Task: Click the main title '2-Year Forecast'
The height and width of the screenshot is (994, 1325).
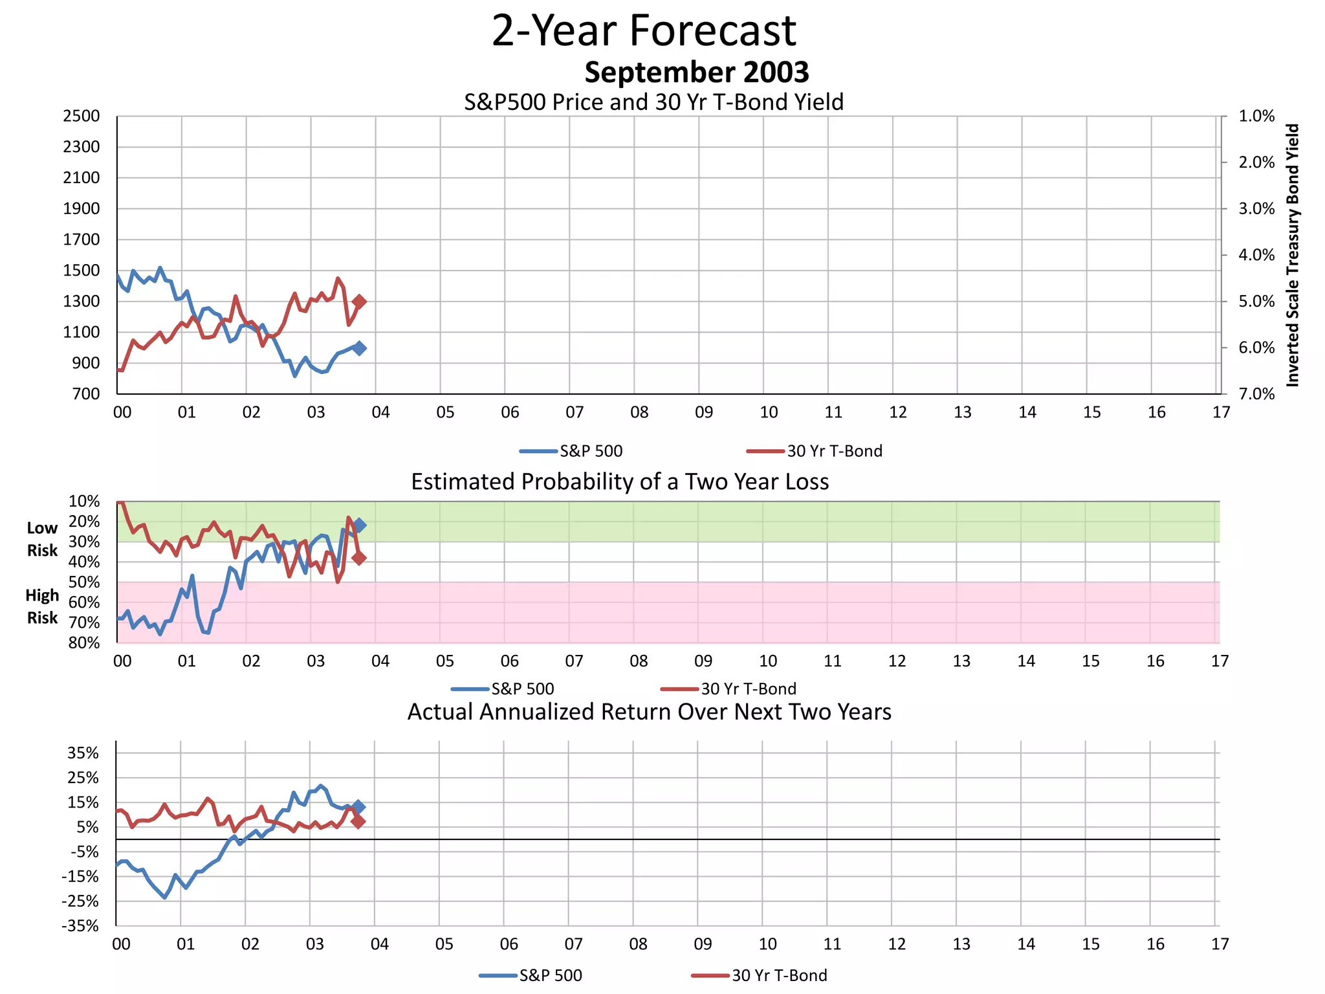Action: pyautogui.click(x=644, y=30)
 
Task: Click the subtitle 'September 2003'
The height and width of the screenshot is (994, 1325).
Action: pyautogui.click(x=696, y=72)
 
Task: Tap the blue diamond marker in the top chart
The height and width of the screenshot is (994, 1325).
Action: pyautogui.click(x=360, y=348)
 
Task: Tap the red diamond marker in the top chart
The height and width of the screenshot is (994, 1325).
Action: pyautogui.click(x=360, y=302)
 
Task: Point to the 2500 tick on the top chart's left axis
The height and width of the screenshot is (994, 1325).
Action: pyautogui.click(x=82, y=116)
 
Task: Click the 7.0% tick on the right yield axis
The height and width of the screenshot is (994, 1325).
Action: pyautogui.click(x=1256, y=394)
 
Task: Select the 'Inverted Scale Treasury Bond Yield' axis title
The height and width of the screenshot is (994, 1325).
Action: pyautogui.click(x=1293, y=256)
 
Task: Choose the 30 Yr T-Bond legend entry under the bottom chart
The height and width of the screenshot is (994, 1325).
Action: pyautogui.click(x=760, y=975)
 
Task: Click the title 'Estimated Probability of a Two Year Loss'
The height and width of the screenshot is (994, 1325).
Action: pyautogui.click(x=620, y=482)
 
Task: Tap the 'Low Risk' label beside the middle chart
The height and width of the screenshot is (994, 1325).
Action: pyautogui.click(x=42, y=539)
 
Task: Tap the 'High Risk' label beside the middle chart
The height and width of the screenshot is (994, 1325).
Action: pyautogui.click(x=42, y=606)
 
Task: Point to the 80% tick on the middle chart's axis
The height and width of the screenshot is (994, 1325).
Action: pyautogui.click(x=84, y=643)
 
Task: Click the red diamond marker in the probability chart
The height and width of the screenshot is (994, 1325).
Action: pyautogui.click(x=359, y=558)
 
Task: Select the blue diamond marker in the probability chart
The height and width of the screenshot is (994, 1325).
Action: pyautogui.click(x=359, y=525)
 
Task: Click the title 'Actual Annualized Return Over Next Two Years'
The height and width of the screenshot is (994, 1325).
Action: pyautogui.click(x=649, y=712)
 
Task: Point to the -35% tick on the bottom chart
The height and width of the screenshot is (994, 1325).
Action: pyautogui.click(x=80, y=926)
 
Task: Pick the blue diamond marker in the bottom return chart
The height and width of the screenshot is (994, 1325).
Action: pyautogui.click(x=358, y=807)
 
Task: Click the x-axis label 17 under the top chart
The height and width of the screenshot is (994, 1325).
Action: pyautogui.click(x=1221, y=412)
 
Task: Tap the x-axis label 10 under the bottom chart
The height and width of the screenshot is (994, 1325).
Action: pyautogui.click(x=767, y=944)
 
